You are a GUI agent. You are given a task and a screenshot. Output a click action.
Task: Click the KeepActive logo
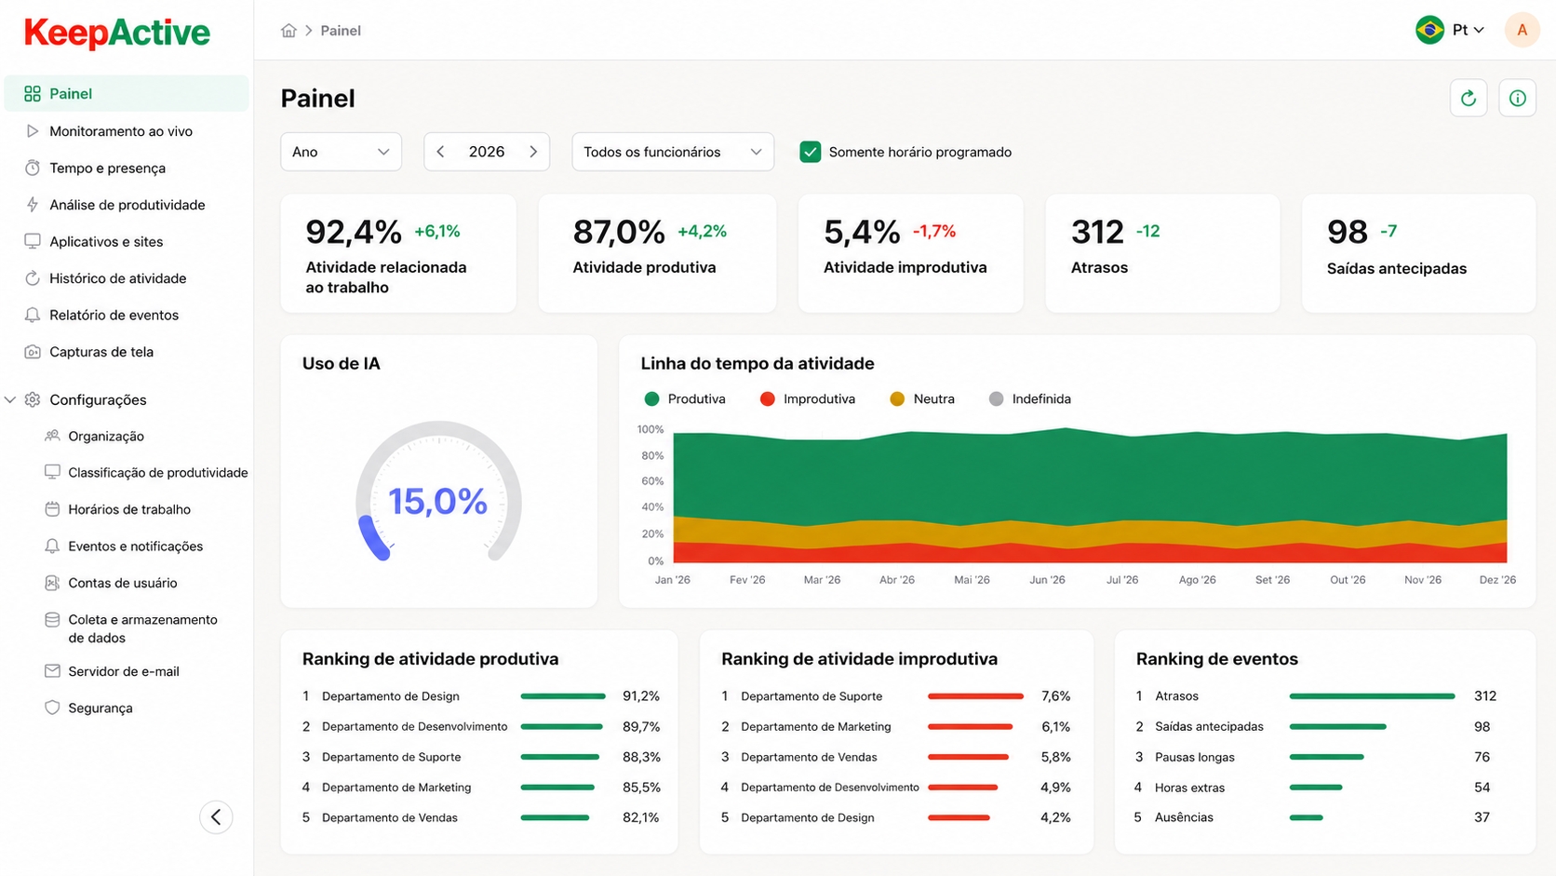tap(116, 33)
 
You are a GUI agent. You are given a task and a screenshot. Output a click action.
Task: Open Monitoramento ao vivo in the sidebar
tap(121, 131)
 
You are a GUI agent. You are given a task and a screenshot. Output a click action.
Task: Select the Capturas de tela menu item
tap(101, 352)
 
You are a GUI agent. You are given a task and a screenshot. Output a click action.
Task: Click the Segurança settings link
tap(100, 708)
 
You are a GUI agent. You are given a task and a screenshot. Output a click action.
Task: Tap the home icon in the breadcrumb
tap(289, 31)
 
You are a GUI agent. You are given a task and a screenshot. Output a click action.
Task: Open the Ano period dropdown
tap(341, 152)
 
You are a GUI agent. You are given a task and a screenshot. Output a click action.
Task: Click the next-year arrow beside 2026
tap(533, 152)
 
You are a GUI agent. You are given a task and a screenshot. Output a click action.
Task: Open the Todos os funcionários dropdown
tap(673, 152)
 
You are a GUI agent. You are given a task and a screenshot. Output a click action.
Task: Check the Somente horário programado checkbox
tap(810, 152)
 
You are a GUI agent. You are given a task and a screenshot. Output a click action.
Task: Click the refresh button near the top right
tap(1469, 99)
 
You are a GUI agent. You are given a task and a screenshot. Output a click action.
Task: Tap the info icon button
tap(1517, 99)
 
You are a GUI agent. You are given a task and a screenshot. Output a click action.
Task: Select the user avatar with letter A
tap(1522, 30)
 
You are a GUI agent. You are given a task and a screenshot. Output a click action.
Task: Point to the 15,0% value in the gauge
tap(437, 501)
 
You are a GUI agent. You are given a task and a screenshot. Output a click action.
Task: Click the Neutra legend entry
tap(922, 398)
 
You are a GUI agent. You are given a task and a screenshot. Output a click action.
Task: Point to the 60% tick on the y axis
tap(652, 480)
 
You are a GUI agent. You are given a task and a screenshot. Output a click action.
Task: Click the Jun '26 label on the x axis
tap(1047, 579)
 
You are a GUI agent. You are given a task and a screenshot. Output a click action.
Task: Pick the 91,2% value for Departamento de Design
tap(641, 696)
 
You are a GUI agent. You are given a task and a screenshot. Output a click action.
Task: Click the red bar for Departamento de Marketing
tap(970, 727)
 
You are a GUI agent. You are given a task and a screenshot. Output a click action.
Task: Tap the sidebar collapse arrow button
tap(216, 817)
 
